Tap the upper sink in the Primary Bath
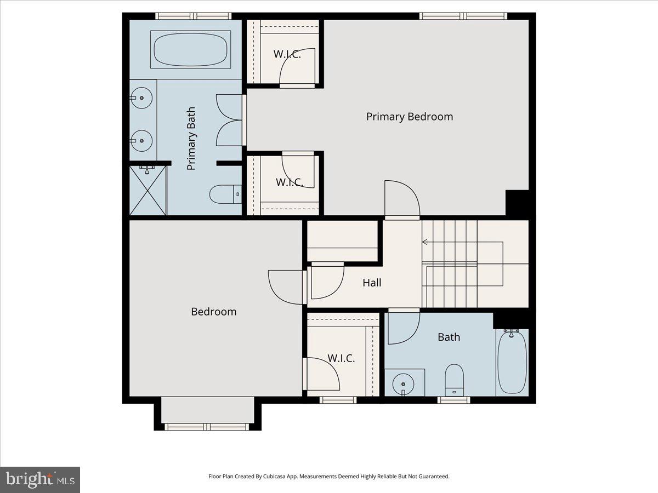[x=141, y=98]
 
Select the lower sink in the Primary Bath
[x=141, y=140]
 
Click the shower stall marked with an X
[x=148, y=190]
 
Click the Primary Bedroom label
[x=409, y=117]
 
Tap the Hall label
[x=372, y=283]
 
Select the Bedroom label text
[x=213, y=312]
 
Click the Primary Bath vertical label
[x=191, y=138]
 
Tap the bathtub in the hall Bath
[x=513, y=362]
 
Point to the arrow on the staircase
[x=426, y=242]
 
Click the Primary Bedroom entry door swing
[x=402, y=199]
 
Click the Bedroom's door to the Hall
[x=286, y=286]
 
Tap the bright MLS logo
[x=40, y=480]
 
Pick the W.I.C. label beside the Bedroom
[x=341, y=359]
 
